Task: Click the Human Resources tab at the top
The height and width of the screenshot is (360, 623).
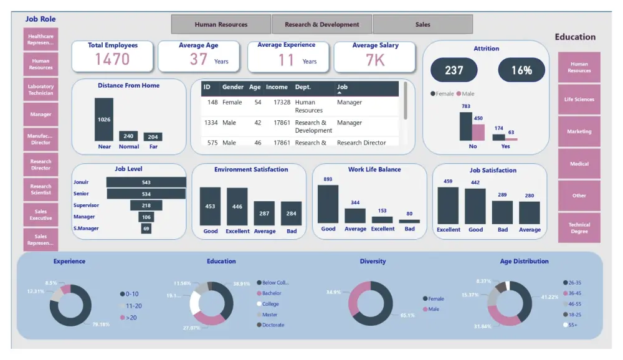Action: point(221,24)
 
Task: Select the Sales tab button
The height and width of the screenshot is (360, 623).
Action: point(422,24)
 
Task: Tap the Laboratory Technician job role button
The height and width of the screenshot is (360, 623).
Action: point(41,90)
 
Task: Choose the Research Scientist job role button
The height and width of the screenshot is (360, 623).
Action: point(41,189)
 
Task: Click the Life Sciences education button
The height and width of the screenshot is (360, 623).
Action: point(579,99)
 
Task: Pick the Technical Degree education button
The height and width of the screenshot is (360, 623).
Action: point(579,228)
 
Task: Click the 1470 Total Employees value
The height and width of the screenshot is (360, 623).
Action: point(113,59)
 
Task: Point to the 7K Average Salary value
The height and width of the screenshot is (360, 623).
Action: point(375,60)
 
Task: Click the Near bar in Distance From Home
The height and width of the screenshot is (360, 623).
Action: point(104,120)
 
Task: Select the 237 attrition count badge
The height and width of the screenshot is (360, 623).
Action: point(454,70)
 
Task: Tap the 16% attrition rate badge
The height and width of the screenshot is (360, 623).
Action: point(521,70)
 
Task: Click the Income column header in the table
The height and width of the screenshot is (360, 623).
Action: point(277,87)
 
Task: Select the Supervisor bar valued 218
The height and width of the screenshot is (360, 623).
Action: point(146,206)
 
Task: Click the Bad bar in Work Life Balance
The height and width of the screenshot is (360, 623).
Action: point(409,221)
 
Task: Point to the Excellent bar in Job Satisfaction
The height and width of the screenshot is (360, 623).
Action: point(448,206)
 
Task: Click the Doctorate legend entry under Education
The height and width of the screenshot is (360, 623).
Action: point(273,325)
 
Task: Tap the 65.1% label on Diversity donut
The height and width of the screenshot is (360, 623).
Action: point(407,315)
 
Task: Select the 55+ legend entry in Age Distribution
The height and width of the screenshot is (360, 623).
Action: point(572,325)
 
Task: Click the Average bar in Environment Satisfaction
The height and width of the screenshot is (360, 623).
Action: point(264,213)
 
